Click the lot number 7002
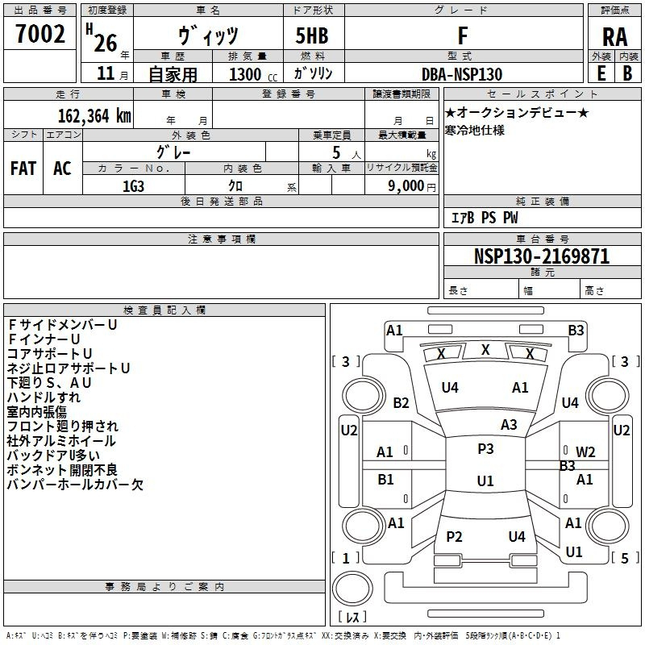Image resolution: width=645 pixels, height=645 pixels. click(x=40, y=34)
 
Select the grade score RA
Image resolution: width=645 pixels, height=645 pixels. click(x=614, y=37)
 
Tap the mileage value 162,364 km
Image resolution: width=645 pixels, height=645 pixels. click(x=94, y=116)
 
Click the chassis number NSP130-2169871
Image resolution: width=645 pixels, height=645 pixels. click(x=542, y=256)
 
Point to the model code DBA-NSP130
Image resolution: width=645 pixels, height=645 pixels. click(x=462, y=74)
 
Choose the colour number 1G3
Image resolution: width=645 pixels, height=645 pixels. click(x=133, y=186)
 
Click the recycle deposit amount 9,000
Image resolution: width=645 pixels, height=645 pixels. click(x=406, y=186)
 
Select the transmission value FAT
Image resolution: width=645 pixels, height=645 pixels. click(x=23, y=169)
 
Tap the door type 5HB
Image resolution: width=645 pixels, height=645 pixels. click(x=312, y=35)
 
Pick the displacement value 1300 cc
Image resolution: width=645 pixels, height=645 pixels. click(x=253, y=74)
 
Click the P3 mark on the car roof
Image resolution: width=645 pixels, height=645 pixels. click(x=485, y=449)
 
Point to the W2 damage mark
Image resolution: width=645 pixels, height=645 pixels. click(x=585, y=452)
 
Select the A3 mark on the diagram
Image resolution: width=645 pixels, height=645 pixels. click(x=509, y=425)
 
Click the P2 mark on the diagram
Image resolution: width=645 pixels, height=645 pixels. click(x=454, y=536)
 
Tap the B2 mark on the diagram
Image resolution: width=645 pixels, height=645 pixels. click(x=401, y=402)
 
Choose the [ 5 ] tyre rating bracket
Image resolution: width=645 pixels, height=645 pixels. click(x=625, y=558)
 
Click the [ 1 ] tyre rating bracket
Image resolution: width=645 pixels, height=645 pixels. click(x=346, y=558)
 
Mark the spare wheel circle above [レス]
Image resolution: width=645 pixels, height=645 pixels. click(x=352, y=589)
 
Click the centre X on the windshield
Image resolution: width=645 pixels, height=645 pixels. click(x=485, y=350)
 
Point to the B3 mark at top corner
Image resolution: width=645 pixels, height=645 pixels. click(x=576, y=331)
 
